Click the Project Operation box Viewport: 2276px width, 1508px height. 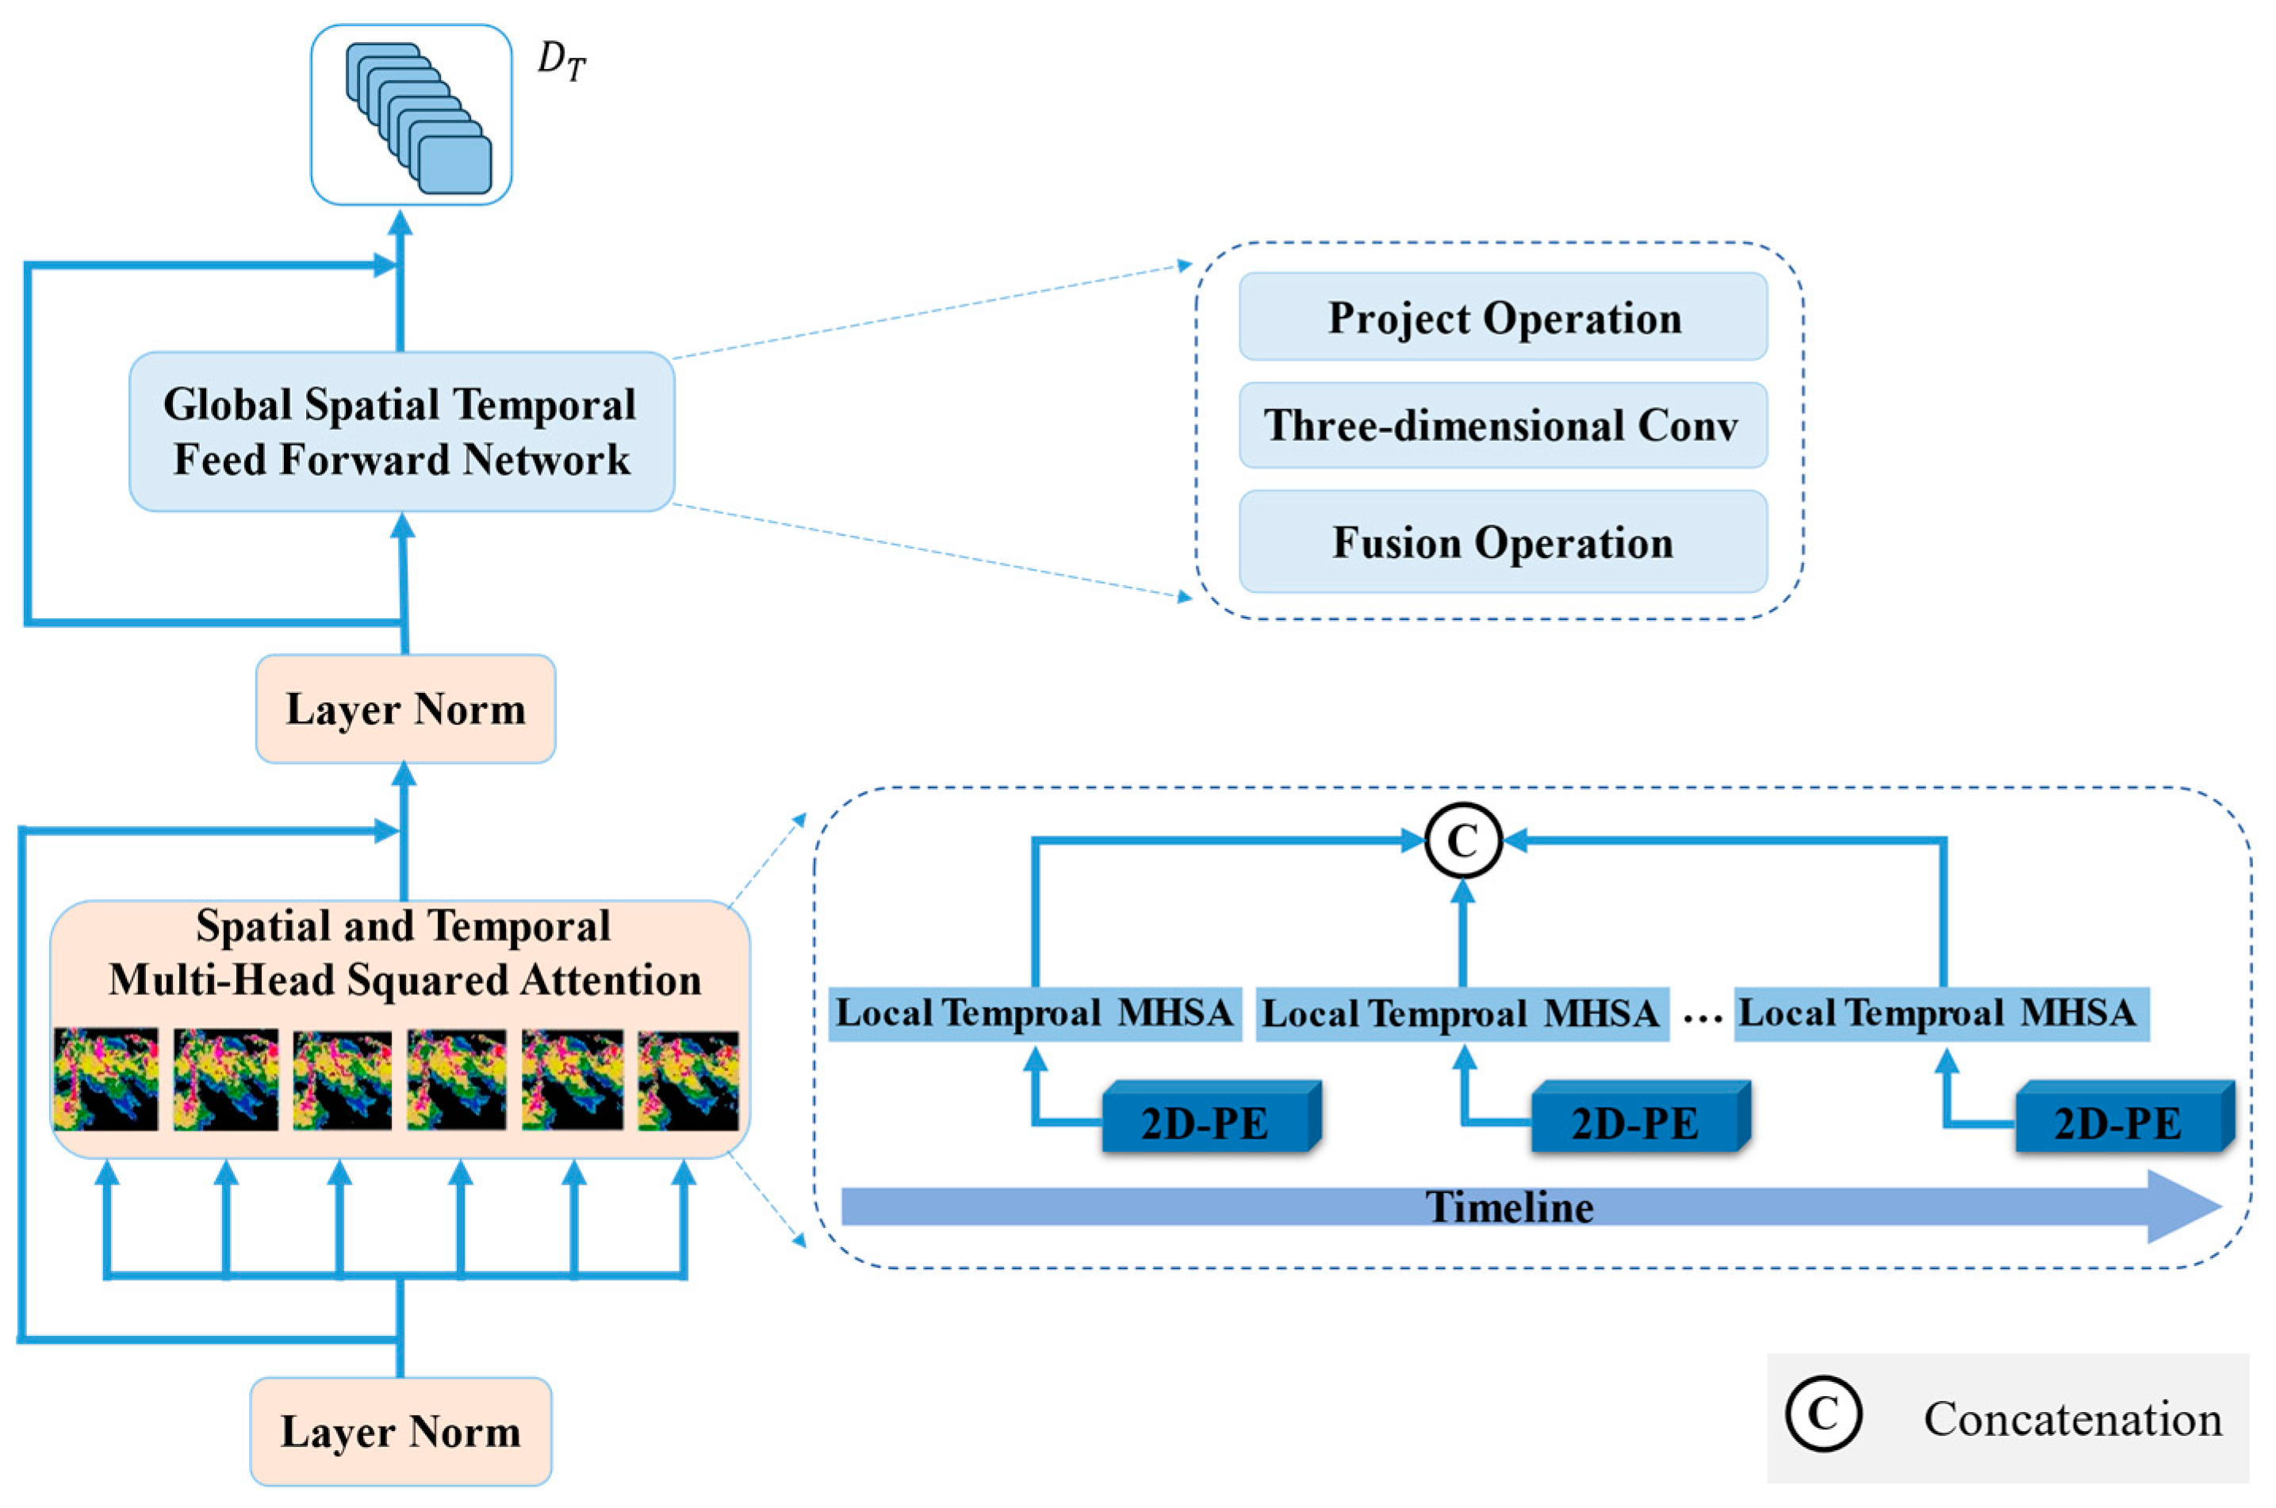pos(1503,317)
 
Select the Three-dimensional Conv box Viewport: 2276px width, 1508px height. pos(1503,425)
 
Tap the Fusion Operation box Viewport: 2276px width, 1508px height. pos(1503,542)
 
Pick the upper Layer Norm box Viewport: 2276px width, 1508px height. pos(405,710)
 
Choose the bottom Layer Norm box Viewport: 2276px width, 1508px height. pos(401,1432)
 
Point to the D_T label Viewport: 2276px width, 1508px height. pos(561,63)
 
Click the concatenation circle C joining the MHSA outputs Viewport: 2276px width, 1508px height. pos(1462,841)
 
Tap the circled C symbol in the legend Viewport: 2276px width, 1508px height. pos(1823,1414)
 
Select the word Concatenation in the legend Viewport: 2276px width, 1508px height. pos(2072,1419)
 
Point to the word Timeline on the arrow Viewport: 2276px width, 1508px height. pos(1508,1207)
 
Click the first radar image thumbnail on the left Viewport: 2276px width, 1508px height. pos(105,1079)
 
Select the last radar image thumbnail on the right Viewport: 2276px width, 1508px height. pos(688,1079)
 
